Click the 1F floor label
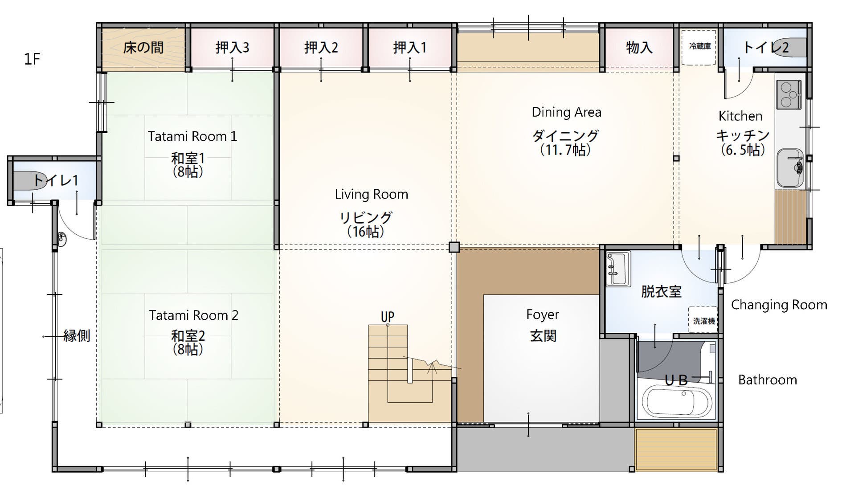32,59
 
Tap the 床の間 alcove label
143,47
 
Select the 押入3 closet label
232,47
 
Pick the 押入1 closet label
410,47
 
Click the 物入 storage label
639,47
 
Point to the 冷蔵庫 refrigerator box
699,47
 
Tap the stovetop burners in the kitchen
789,94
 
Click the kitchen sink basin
790,168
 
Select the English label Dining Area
566,112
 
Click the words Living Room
372,194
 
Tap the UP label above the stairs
388,317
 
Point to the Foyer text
543,314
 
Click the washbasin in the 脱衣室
618,269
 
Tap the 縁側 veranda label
77,335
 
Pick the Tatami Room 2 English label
194,315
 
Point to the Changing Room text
779,305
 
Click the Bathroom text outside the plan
768,380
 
